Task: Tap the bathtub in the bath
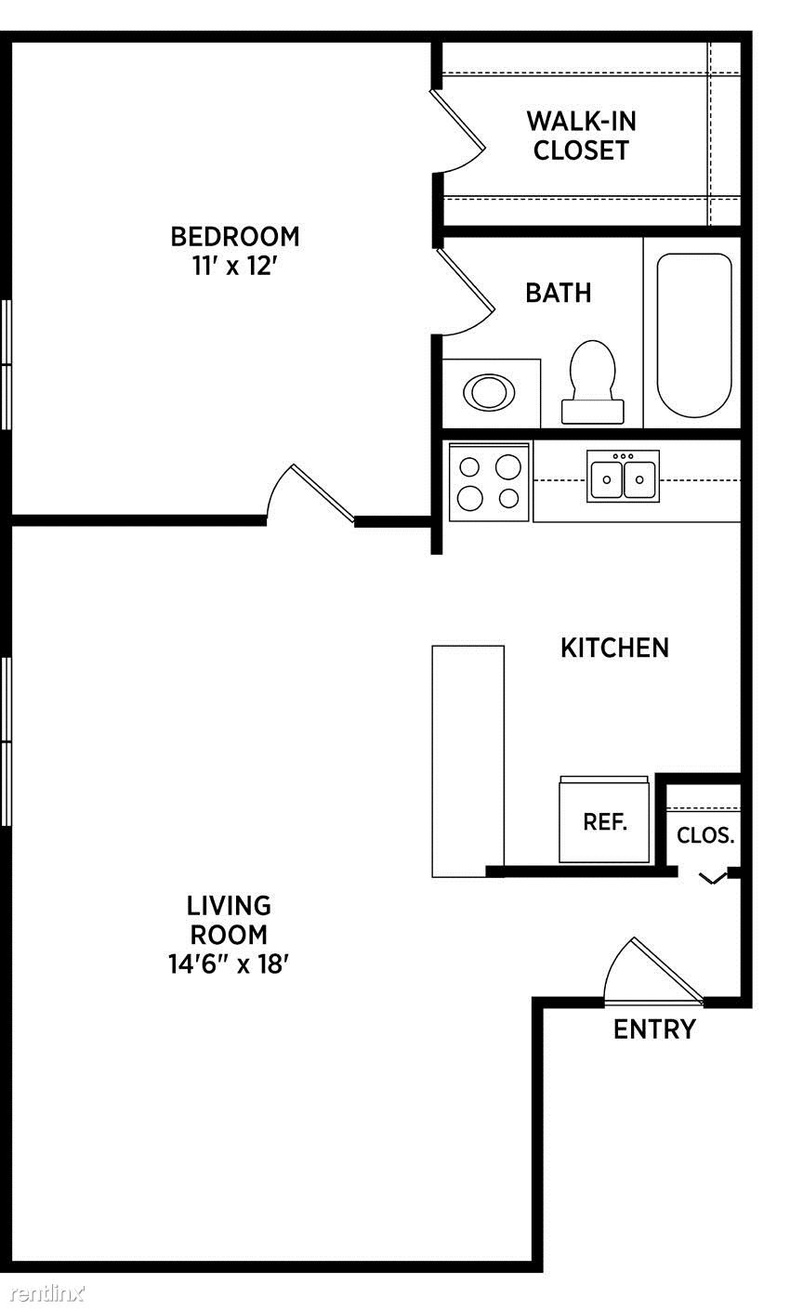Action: tap(694, 334)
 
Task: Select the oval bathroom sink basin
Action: tap(489, 391)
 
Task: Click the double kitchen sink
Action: tap(623, 476)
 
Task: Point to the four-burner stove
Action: tap(489, 482)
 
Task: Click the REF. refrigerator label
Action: tap(605, 821)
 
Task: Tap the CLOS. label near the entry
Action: tap(705, 835)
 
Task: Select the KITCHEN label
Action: tap(614, 648)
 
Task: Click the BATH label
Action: tap(558, 294)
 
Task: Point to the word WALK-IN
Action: tap(581, 121)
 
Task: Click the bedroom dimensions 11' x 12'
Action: tap(234, 267)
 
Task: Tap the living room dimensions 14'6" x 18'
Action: tap(229, 964)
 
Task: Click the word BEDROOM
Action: tap(235, 236)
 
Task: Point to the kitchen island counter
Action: tap(467, 762)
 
